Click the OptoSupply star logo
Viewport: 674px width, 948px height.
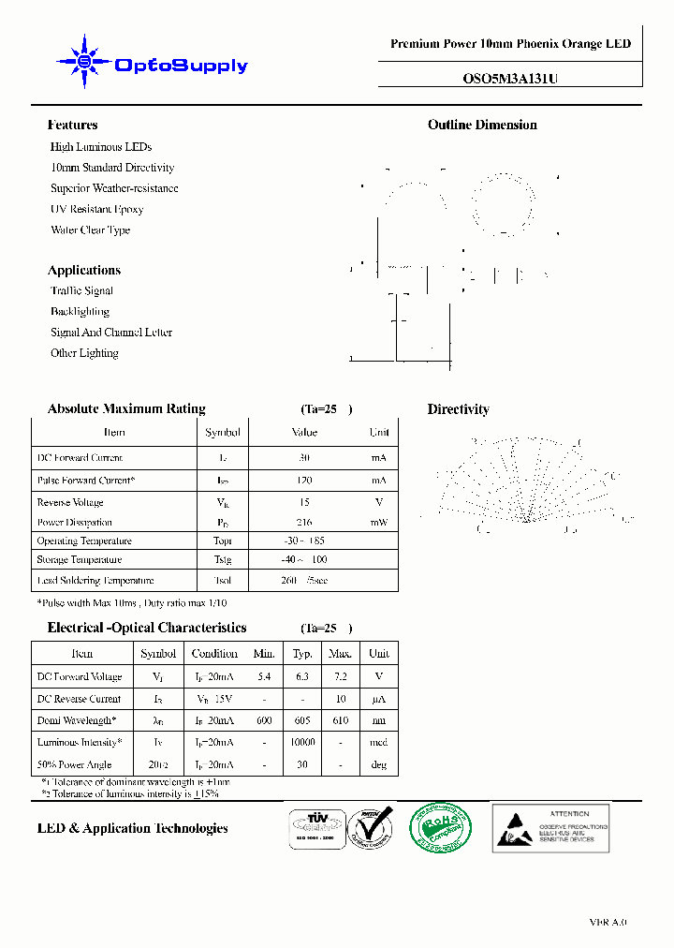click(x=85, y=63)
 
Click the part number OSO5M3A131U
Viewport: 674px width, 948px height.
click(x=510, y=80)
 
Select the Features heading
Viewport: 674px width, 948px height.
click(x=72, y=125)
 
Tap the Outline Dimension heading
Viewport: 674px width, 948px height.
click(x=482, y=125)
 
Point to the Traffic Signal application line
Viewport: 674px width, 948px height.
click(x=81, y=290)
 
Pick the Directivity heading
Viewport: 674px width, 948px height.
click(x=458, y=409)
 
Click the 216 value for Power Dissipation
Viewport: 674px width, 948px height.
click(x=304, y=522)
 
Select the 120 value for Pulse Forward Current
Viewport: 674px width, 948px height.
click(x=304, y=480)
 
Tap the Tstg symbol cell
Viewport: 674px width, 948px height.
click(x=223, y=559)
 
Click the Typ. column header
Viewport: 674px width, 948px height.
click(x=302, y=653)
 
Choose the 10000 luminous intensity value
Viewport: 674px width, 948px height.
click(x=302, y=742)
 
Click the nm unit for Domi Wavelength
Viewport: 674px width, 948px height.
click(x=378, y=720)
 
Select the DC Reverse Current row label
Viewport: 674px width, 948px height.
click(x=79, y=699)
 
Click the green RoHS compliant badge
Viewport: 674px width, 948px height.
click(x=440, y=827)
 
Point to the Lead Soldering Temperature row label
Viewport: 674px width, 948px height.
click(x=95, y=581)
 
